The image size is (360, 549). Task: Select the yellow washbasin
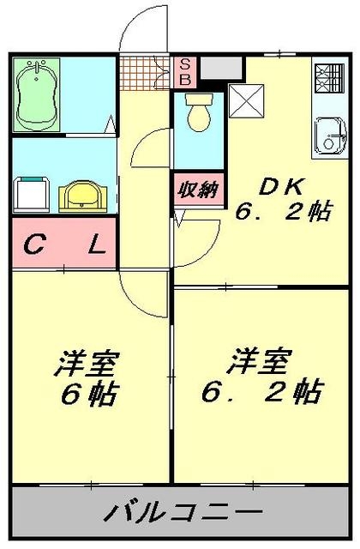83,196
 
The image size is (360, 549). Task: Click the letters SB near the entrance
184,70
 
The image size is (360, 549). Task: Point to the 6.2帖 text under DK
283,212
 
